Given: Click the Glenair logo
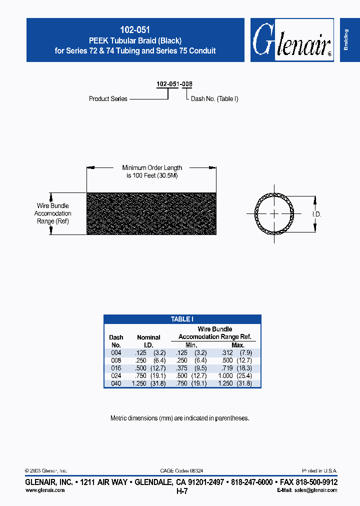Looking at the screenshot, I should (291, 40).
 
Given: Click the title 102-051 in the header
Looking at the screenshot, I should (135, 30).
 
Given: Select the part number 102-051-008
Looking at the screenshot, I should (174, 84).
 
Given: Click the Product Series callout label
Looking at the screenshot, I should (108, 99).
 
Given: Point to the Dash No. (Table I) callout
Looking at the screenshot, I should (214, 99).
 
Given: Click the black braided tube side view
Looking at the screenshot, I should (151, 214).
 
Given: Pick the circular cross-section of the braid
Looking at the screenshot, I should (274, 214).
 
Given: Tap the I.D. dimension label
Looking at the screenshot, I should (316, 214).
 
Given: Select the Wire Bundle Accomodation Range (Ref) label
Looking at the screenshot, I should (52, 213).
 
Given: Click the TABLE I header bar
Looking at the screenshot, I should (182, 319).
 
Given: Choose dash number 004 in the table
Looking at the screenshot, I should (116, 352).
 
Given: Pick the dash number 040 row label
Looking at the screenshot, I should (116, 383).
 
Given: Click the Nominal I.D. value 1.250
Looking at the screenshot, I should (138, 383).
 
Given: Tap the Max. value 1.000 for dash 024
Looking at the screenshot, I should (226, 375).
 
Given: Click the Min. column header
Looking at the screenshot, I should (191, 345).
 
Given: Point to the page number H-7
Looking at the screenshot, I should (181, 491).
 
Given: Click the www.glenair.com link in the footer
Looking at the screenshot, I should (45, 490).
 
